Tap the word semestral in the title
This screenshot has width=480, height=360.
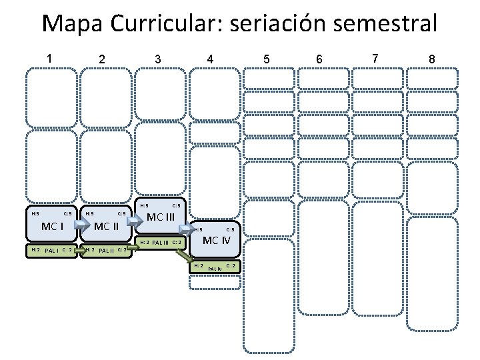click(x=377, y=24)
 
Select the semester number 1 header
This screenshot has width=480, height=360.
click(x=50, y=58)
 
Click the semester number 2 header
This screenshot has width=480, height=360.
click(x=101, y=59)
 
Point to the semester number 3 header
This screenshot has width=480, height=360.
click(x=157, y=59)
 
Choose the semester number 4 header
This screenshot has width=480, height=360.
click(x=210, y=59)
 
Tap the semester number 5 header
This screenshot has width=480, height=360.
click(x=267, y=59)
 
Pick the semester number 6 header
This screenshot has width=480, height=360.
click(x=319, y=59)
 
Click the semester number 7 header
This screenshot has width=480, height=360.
click(x=375, y=58)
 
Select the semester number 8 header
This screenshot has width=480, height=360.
click(x=432, y=59)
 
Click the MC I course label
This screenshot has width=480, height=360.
click(x=52, y=226)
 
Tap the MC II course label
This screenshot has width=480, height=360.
click(x=106, y=226)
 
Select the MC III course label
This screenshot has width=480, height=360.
click(x=161, y=217)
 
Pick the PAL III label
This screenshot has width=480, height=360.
click(x=160, y=242)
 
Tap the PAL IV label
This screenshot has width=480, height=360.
click(x=215, y=269)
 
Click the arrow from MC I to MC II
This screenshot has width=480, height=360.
click(x=81, y=226)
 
